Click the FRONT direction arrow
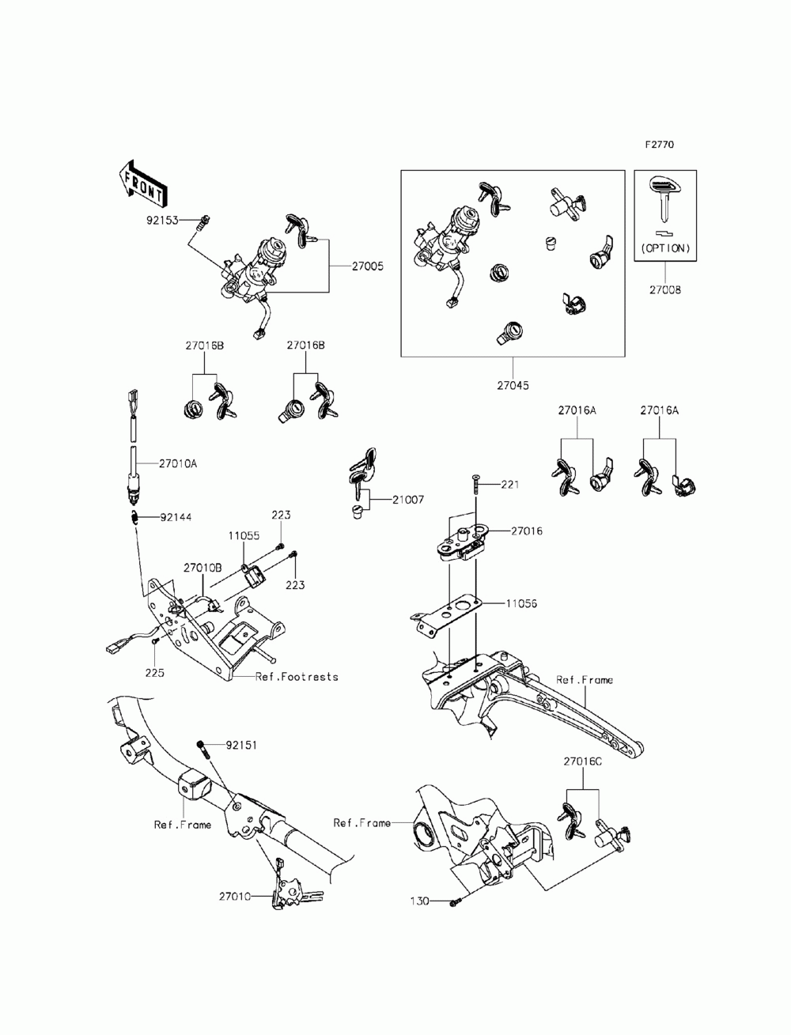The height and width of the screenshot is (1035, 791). coord(141,183)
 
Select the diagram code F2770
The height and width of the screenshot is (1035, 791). coord(660,145)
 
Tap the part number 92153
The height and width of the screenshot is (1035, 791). coord(162,220)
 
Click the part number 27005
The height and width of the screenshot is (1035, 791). coord(368,266)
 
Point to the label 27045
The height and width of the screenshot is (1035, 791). coord(513,386)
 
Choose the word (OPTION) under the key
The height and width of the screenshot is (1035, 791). coord(665,248)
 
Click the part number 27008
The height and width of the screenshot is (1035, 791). coord(665,290)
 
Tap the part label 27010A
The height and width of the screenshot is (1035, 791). coord(178,464)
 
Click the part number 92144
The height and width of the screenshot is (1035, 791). coord(176,518)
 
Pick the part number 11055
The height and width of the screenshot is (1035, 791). coord(244,536)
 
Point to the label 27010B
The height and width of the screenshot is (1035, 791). coord(202,568)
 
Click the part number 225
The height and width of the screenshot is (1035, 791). coord(155,673)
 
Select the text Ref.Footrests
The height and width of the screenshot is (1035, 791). coord(297,677)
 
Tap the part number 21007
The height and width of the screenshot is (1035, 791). coord(408,500)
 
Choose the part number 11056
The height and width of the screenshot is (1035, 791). coord(521,603)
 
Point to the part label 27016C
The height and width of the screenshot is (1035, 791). coord(582,761)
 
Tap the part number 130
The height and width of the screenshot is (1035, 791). coord(420,901)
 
